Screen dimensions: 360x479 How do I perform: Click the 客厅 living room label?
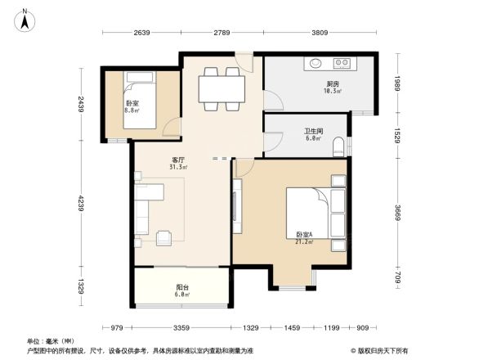pos(179,160)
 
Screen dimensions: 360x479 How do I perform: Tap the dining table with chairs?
pos(221,87)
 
